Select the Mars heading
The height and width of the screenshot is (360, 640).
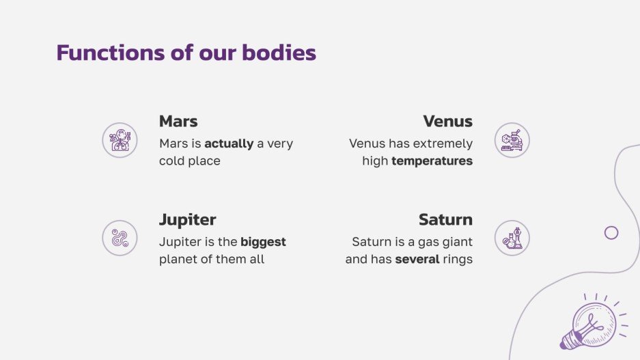178,122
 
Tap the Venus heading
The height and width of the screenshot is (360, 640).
447,122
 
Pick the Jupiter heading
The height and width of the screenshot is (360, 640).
187,220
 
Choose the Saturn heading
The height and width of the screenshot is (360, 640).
445,220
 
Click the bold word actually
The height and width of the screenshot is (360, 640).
229,143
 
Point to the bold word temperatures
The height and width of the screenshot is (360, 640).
432,161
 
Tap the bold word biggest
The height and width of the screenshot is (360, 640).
263,242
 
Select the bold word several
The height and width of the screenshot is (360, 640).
417,260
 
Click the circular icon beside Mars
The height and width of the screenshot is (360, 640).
120,140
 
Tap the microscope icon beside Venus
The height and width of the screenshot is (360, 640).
512,140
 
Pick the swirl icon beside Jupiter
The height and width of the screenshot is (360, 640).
120,238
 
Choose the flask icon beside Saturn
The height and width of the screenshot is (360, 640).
512,238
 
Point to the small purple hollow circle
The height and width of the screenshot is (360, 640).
611,232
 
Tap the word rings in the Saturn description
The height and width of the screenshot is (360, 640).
458,260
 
